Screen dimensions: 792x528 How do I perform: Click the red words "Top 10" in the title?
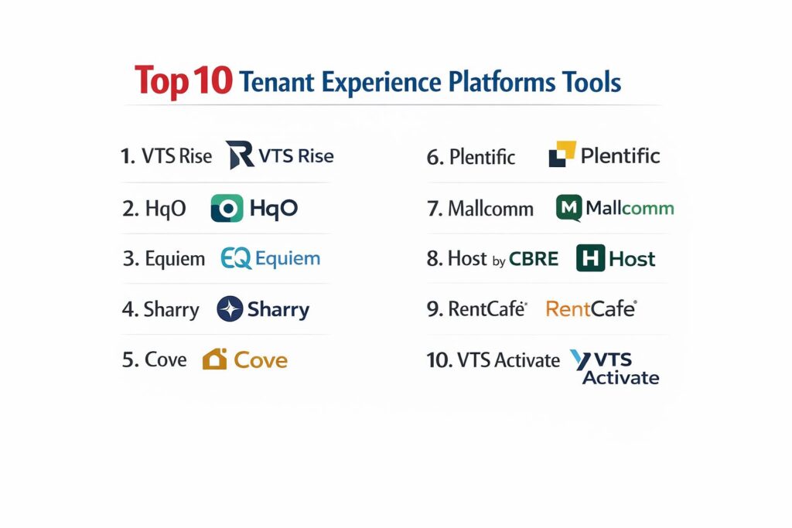click(x=183, y=81)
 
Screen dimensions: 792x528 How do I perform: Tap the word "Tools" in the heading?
click(x=591, y=82)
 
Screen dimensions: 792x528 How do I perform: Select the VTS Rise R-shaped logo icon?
click(x=240, y=155)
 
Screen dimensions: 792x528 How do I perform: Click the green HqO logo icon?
click(x=227, y=208)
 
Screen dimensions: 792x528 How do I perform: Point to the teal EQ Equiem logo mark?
click(x=236, y=258)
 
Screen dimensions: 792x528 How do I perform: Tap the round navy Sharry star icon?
click(x=230, y=309)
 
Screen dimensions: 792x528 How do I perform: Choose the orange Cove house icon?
click(x=215, y=359)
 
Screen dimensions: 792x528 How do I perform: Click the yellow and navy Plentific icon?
click(x=562, y=154)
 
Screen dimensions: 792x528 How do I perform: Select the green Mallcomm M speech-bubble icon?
click(x=568, y=207)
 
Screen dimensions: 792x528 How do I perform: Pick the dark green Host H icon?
click(x=590, y=258)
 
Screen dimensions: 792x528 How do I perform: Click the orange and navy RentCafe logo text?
click(x=592, y=308)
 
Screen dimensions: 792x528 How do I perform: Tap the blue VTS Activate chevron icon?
click(x=580, y=359)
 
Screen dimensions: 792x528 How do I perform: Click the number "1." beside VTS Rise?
click(x=128, y=156)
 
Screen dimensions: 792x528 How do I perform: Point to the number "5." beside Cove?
click(x=130, y=360)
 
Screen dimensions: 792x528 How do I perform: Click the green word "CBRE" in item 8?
click(x=534, y=259)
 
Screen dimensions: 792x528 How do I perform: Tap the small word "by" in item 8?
click(x=499, y=261)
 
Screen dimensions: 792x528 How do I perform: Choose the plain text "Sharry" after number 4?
click(x=171, y=309)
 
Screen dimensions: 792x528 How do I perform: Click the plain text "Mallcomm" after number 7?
click(x=490, y=209)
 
